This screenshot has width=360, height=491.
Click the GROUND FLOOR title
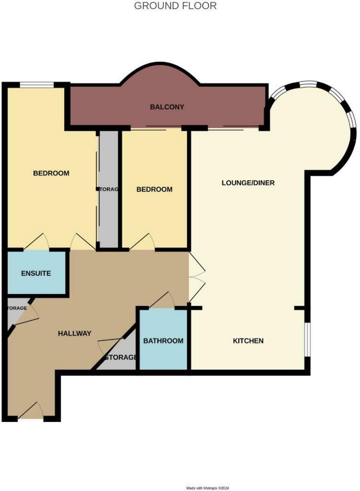[x=175, y=6]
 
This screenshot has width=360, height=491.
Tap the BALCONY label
[x=167, y=107]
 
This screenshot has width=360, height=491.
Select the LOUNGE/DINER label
[x=248, y=183]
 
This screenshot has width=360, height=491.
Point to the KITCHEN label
[x=248, y=341]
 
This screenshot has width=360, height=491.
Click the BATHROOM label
[x=163, y=341]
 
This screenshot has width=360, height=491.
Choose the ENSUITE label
[x=36, y=273]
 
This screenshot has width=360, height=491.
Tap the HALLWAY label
[x=74, y=333]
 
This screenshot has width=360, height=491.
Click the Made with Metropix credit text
[x=208, y=488]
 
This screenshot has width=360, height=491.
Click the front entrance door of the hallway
[x=31, y=411]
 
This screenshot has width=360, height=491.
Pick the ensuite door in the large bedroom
[x=37, y=242]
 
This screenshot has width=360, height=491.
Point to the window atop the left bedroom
[x=37, y=85]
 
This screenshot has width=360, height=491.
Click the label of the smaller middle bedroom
[x=154, y=189]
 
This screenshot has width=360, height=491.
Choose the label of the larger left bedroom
[x=51, y=173]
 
